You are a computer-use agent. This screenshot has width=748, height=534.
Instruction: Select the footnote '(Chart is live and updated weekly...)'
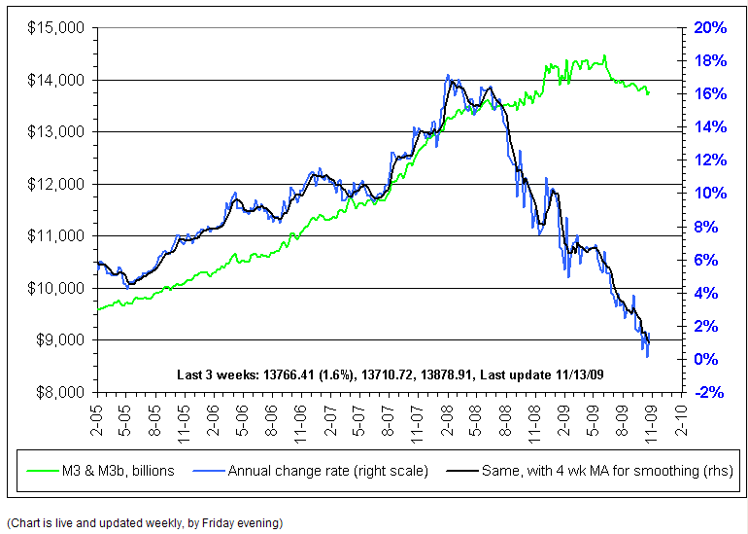(x=145, y=522)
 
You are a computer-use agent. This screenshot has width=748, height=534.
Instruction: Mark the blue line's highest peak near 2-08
(x=448, y=75)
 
